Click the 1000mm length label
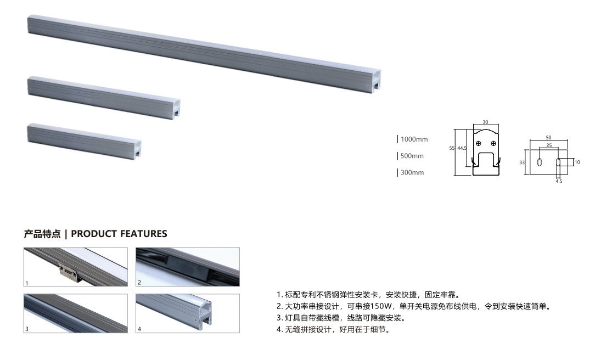[x=414, y=139]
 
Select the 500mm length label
[x=412, y=156]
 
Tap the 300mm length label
[x=412, y=173]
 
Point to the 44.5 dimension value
[x=462, y=148]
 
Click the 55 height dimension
[x=452, y=148]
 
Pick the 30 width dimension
[x=485, y=123]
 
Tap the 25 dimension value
[x=549, y=145]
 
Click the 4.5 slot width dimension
[x=558, y=181]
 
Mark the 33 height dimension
[x=521, y=162]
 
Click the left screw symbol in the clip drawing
[x=479, y=143]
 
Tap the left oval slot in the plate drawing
[x=540, y=163]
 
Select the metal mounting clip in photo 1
[x=69, y=272]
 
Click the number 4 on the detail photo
[x=139, y=330]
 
